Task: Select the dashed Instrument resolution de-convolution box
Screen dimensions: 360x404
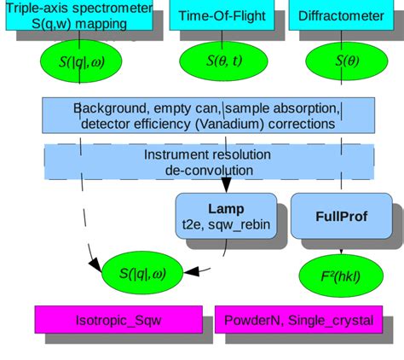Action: click(x=209, y=162)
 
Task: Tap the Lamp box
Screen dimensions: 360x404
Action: click(x=226, y=217)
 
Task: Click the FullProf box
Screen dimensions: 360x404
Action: click(x=340, y=217)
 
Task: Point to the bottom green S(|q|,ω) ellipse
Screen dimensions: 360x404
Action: click(x=142, y=273)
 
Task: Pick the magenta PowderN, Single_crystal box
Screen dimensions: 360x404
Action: click(x=299, y=321)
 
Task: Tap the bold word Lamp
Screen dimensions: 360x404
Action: click(x=226, y=209)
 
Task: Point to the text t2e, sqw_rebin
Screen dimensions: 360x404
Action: click(x=226, y=225)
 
